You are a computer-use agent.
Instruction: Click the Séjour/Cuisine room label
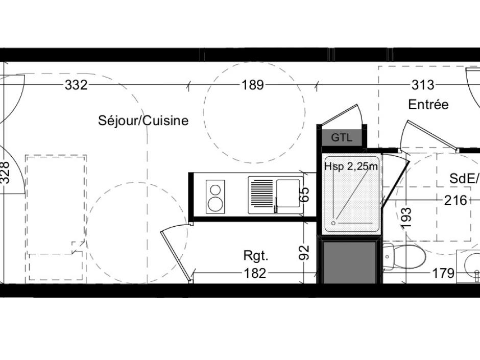(143, 121)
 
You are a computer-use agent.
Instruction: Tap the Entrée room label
(428, 104)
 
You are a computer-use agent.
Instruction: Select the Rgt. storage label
(256, 256)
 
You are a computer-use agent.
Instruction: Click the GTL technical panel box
(342, 137)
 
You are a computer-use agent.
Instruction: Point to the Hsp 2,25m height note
(351, 166)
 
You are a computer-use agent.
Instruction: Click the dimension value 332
(76, 85)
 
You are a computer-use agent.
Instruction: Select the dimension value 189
(253, 85)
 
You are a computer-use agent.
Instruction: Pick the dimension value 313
(422, 85)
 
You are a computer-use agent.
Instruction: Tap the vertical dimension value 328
(5, 173)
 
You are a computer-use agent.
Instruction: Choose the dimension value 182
(255, 273)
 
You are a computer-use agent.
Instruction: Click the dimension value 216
(456, 200)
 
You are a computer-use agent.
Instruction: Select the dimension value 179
(443, 273)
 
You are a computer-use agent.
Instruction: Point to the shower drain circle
(333, 223)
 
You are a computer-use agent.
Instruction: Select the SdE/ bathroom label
(464, 179)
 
